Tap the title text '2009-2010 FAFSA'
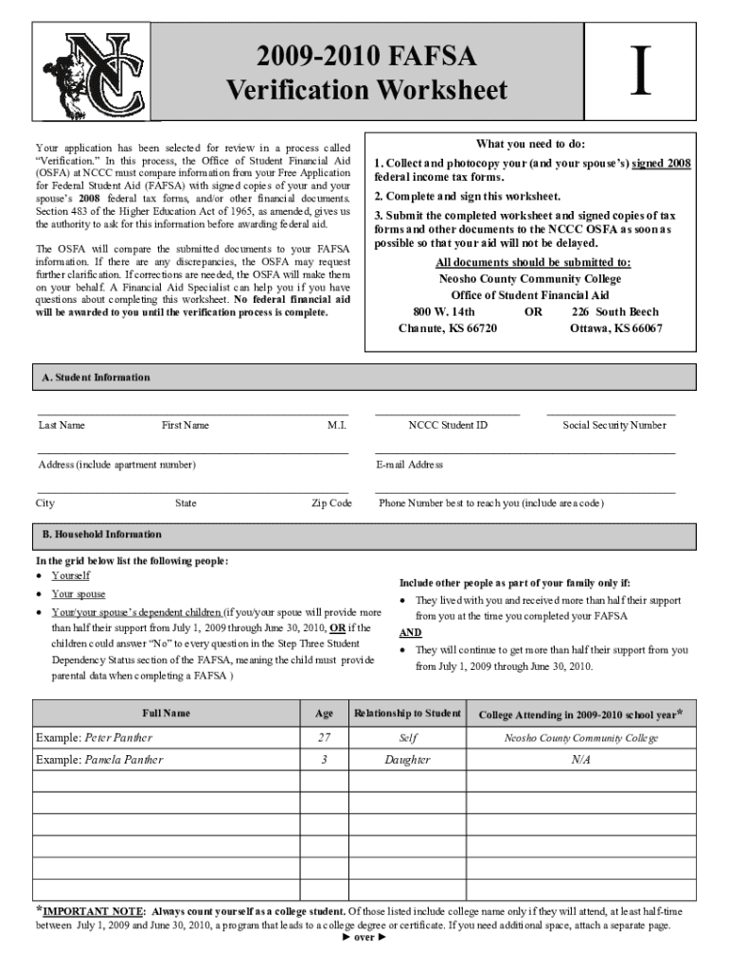coord(366,59)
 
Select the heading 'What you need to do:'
coord(530,144)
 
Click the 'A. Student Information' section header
coord(96,378)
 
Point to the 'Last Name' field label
coord(62,426)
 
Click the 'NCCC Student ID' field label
coord(448,426)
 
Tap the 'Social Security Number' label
coord(613,426)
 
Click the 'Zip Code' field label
coord(331,503)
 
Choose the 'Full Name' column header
coord(166,713)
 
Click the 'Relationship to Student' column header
coord(406,713)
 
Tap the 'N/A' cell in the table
coord(581,760)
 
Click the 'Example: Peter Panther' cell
coord(94,737)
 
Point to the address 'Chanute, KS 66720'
coord(447,328)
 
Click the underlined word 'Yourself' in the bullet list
coord(71,575)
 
